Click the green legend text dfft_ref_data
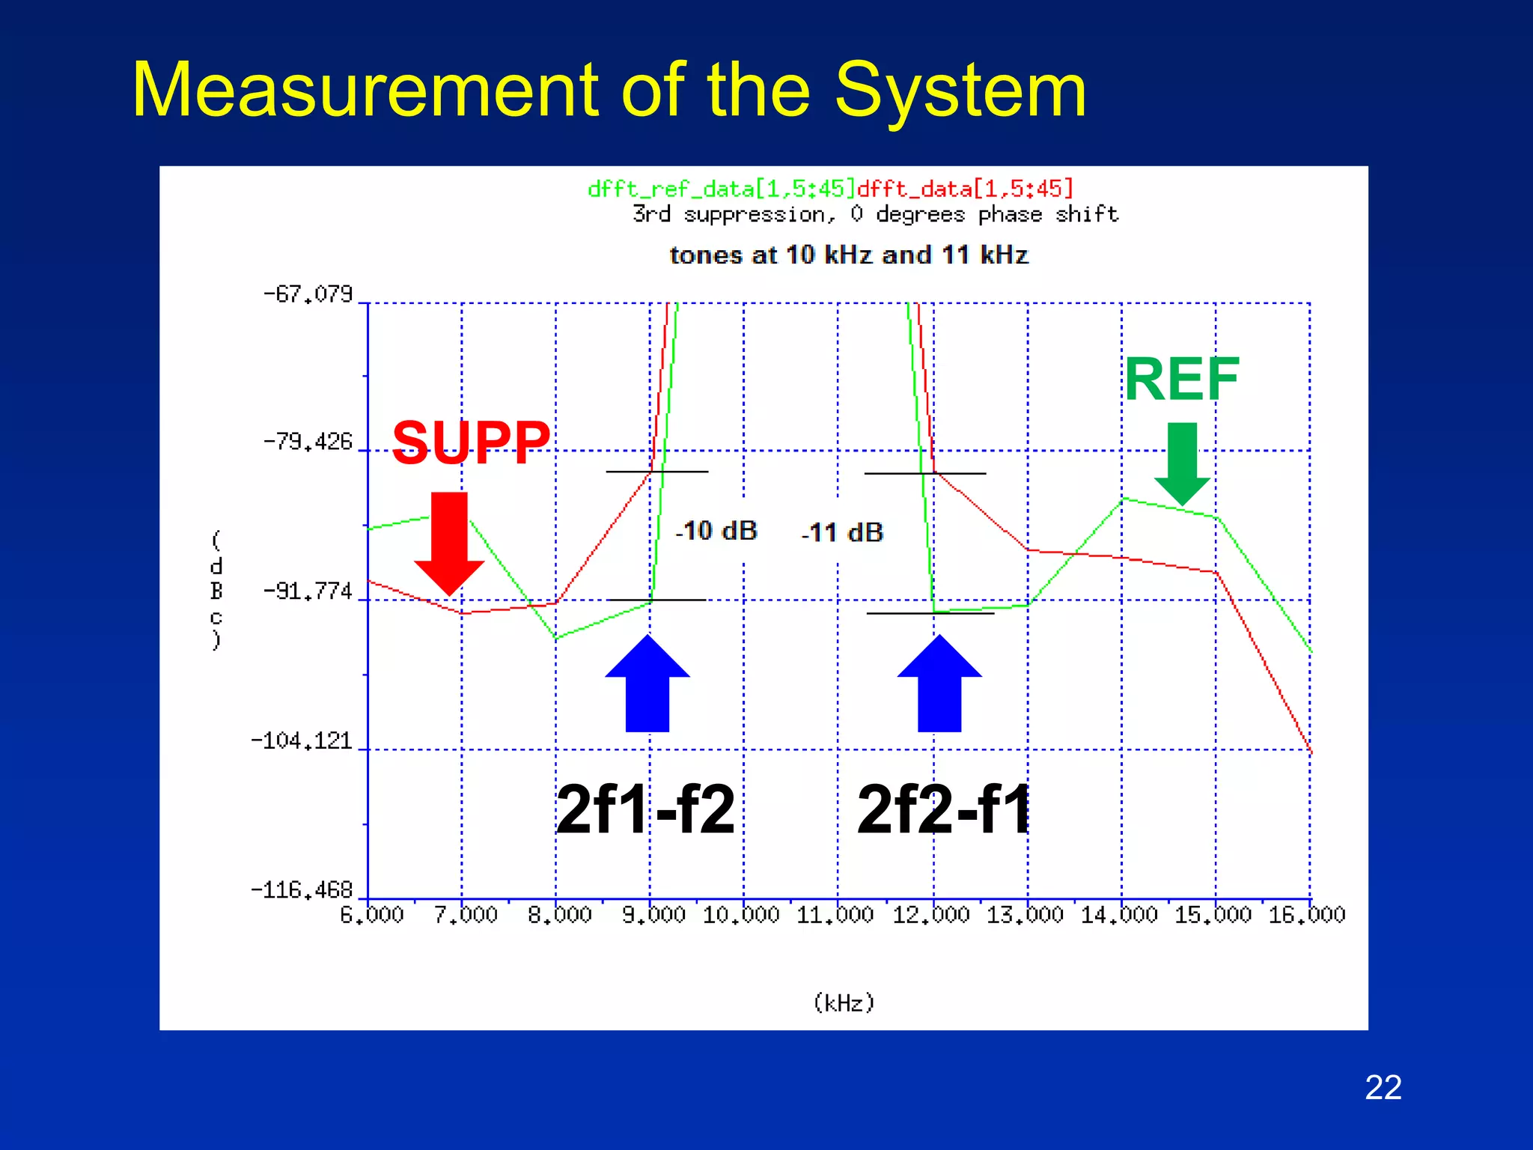pos(720,189)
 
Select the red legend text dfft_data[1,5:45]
pos(965,189)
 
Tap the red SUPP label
pos(471,442)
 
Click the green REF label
pos(1181,380)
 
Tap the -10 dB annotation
pos(716,531)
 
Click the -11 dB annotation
pos(842,532)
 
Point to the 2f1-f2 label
pos(645,809)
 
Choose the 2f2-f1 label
pos(944,809)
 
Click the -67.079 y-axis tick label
pos(308,294)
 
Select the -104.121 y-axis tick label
pos(302,741)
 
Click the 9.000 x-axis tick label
pos(653,915)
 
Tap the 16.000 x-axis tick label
pos(1306,915)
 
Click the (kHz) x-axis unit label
pos(844,1003)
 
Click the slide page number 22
pos(1383,1087)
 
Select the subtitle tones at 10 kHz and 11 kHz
pos(848,255)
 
